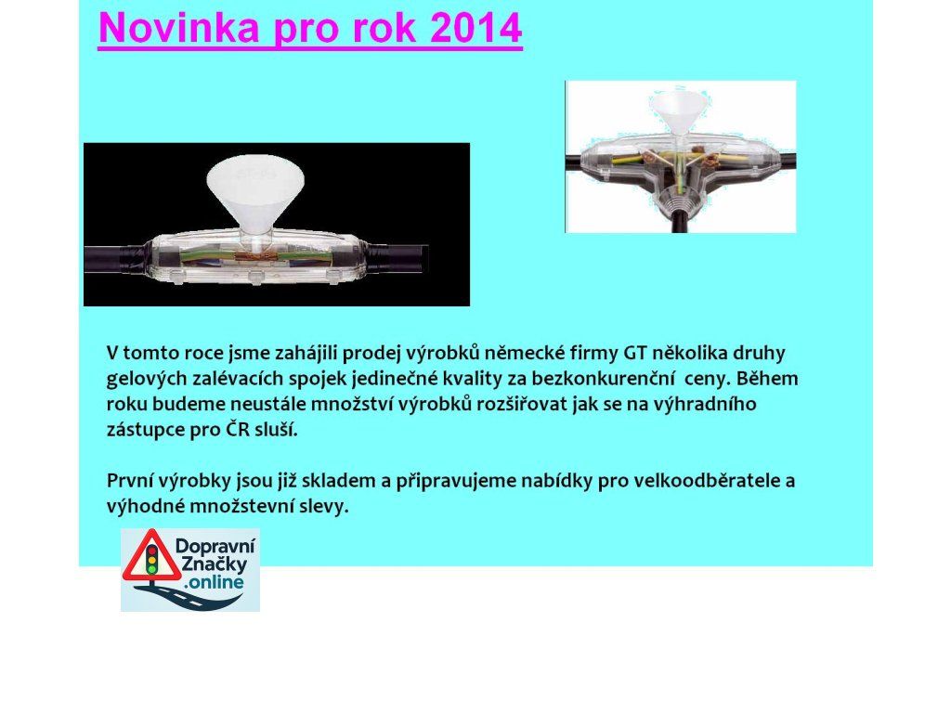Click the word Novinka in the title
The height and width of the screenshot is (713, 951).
(179, 28)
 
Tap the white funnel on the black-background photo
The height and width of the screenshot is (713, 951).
(255, 194)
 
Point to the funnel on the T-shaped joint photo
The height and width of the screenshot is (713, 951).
(678, 113)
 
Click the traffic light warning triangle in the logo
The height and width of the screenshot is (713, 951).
(151, 556)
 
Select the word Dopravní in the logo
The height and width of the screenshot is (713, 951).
(215, 546)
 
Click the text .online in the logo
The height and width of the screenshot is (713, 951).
(215, 582)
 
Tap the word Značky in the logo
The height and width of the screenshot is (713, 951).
(215, 564)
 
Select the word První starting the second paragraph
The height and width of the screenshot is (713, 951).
(129, 481)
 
